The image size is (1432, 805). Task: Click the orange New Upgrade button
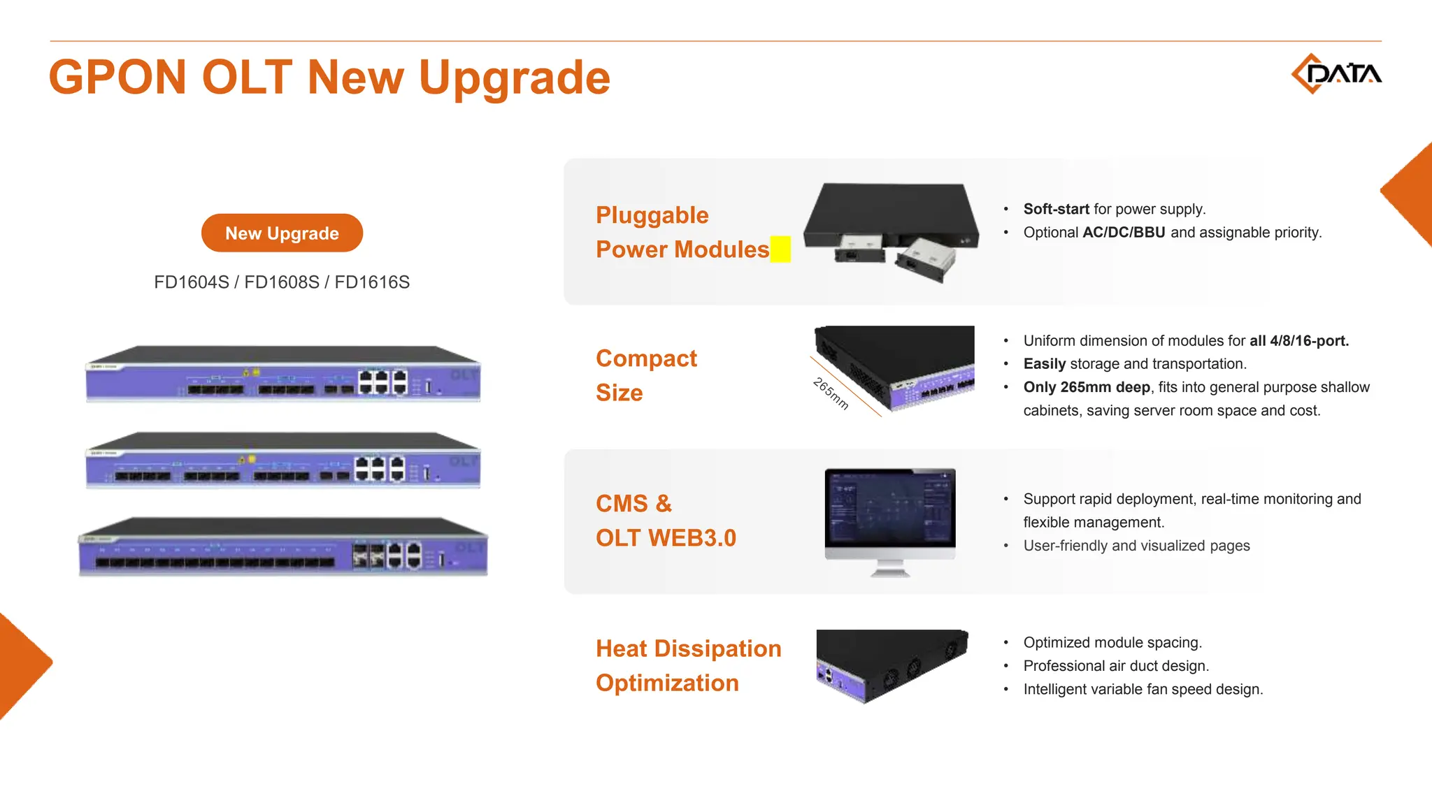coord(282,233)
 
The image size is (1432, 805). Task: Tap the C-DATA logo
coord(1336,73)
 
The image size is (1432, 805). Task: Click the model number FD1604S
coord(192,282)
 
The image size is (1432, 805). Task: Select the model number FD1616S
coord(372,282)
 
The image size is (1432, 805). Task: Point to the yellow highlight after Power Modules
coord(780,249)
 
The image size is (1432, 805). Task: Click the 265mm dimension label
coord(831,393)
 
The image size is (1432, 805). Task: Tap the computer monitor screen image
coord(889,508)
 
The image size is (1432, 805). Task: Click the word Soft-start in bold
coord(1056,209)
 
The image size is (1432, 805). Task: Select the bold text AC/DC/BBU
coord(1124,233)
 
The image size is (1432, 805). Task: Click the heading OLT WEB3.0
coord(666,538)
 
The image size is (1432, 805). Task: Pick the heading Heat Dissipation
coord(688,648)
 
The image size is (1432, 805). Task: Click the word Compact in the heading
coord(646,358)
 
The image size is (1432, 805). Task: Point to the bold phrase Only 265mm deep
coord(1087,387)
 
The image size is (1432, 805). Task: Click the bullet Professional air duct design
coord(1116,666)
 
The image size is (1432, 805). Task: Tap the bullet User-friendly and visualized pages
coord(1136,546)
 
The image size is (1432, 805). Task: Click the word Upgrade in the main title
coord(514,78)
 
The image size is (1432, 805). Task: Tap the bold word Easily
coord(1044,364)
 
